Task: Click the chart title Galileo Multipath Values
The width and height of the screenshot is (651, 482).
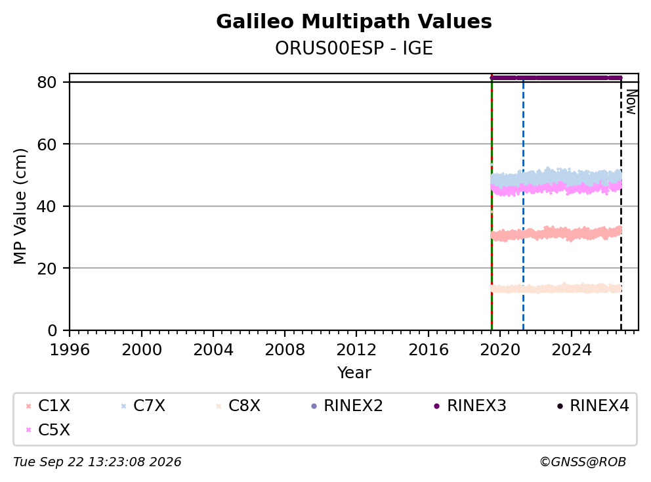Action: [354, 22]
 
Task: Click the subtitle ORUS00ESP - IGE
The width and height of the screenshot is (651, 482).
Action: [354, 48]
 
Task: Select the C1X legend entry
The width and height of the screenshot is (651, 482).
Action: [48, 406]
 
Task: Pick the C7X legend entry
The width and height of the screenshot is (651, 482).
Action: [143, 406]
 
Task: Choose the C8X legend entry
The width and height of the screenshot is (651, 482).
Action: [238, 406]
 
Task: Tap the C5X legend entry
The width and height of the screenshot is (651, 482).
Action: [48, 429]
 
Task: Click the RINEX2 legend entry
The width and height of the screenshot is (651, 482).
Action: [346, 406]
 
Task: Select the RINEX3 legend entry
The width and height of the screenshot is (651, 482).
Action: [470, 406]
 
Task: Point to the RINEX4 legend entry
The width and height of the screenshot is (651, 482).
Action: [593, 406]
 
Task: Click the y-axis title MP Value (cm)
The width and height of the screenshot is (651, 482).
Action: [20, 206]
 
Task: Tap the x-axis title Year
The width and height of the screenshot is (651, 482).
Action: [354, 373]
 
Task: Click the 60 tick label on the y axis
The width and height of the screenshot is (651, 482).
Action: [47, 144]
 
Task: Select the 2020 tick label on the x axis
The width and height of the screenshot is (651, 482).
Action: [500, 350]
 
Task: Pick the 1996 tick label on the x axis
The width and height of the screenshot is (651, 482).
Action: [70, 350]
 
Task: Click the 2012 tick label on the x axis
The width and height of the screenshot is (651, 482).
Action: [356, 350]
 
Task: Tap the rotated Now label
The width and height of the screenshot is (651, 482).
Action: [631, 102]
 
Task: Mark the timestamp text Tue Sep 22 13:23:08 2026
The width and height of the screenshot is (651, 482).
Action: [97, 462]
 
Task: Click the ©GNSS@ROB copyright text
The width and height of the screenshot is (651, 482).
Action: [583, 462]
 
